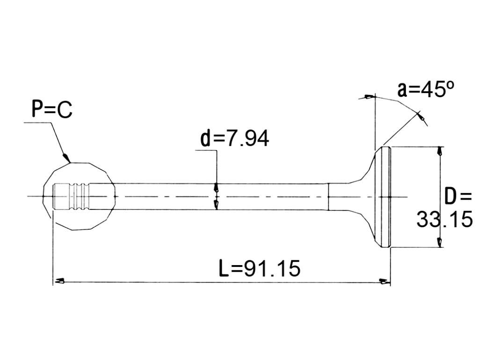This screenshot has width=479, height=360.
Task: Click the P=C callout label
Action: coord(52,109)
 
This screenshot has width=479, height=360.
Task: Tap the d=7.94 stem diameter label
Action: coord(235,138)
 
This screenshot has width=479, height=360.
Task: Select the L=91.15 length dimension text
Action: coord(260,268)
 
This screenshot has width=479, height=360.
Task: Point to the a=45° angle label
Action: coord(426,89)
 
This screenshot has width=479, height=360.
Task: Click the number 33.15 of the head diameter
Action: coord(444,219)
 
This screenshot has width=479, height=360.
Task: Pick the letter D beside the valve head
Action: coord(450,197)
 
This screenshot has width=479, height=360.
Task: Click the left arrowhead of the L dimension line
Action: coord(59,281)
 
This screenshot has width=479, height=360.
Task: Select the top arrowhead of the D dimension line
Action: coord(439,151)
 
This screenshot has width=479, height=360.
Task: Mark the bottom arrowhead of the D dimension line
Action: coord(439,242)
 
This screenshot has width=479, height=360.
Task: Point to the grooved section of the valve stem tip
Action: coord(80,197)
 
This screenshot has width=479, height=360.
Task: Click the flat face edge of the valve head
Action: coord(391,197)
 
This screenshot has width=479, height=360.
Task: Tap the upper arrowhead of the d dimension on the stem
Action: coord(216,187)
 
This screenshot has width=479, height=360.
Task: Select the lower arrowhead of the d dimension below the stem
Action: coord(216,205)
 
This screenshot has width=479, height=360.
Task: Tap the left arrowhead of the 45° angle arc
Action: coord(369,97)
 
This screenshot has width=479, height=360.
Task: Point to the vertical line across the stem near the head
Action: coord(328,197)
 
